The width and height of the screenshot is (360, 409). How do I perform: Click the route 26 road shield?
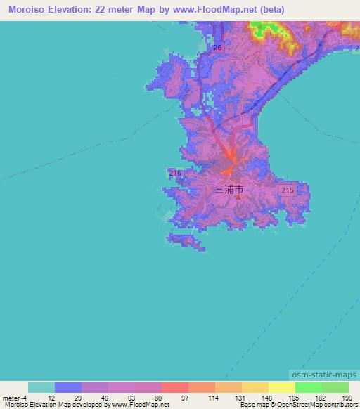217,48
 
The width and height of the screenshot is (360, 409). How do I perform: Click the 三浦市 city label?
229,189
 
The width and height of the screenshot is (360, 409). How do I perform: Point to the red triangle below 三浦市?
238,197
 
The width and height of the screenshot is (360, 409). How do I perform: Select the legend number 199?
347,397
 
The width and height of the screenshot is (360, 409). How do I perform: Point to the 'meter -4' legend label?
14,397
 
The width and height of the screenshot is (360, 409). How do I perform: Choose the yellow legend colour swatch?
281,387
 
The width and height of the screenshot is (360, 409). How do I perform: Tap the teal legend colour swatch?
41,387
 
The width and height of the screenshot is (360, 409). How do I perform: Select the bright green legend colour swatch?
308,387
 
